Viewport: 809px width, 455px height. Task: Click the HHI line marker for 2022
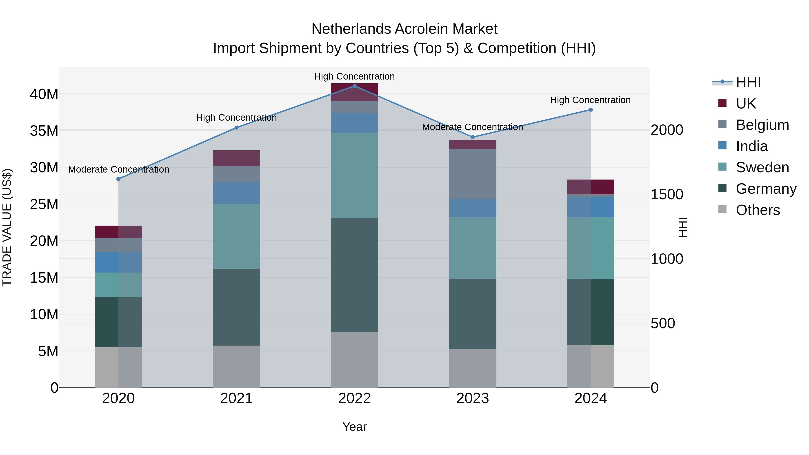[x=355, y=86]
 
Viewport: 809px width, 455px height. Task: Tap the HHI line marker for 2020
[x=118, y=179]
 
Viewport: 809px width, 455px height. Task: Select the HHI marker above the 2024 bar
[x=591, y=110]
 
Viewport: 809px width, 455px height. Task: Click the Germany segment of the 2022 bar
[x=355, y=275]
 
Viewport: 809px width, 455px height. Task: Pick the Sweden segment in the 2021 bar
[x=236, y=236]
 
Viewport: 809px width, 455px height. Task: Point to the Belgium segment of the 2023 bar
[x=473, y=174]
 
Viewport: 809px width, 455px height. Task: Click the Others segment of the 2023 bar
[x=473, y=368]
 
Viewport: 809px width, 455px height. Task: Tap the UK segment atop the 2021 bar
[x=236, y=158]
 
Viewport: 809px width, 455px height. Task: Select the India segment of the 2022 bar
[x=355, y=123]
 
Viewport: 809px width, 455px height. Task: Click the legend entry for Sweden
[x=762, y=167]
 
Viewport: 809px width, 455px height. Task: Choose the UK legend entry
[x=746, y=103]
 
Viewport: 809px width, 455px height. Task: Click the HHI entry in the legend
[x=748, y=82]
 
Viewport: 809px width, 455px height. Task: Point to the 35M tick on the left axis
[x=44, y=131]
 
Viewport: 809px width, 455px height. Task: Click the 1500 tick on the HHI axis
[x=667, y=194]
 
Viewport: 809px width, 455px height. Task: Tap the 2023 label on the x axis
[x=473, y=398]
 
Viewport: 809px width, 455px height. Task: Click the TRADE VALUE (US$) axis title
[x=7, y=227]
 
